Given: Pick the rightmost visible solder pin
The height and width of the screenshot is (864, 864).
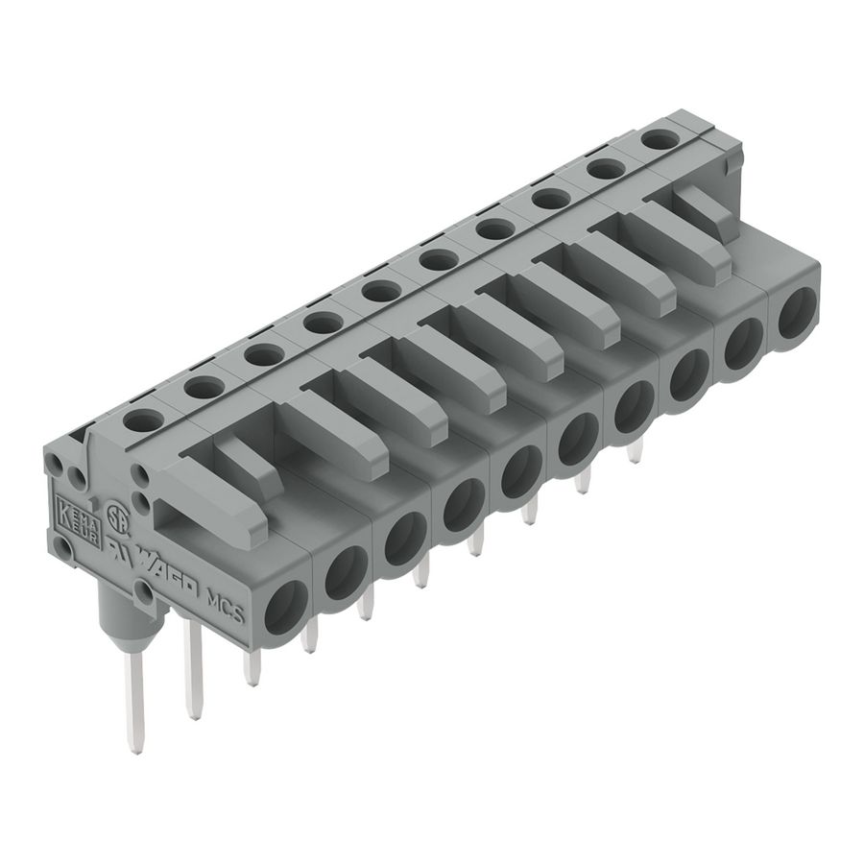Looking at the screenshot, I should click(635, 450).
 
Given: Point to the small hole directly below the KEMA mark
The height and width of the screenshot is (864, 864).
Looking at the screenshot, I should click(64, 548).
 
